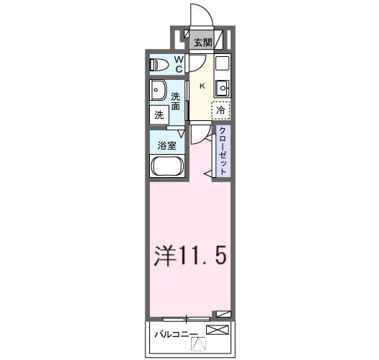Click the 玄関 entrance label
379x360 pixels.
tap(201, 42)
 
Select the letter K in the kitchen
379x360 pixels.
tap(202, 86)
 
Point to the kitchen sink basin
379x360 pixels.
tap(222, 88)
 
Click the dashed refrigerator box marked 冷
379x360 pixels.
tap(220, 110)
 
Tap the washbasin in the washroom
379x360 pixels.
tap(158, 91)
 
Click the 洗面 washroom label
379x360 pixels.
tap(175, 101)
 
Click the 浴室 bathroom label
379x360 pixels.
tap(167, 145)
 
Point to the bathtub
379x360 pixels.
tap(167, 167)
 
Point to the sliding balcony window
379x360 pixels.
tap(187, 318)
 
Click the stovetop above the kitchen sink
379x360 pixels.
tap(222, 62)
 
